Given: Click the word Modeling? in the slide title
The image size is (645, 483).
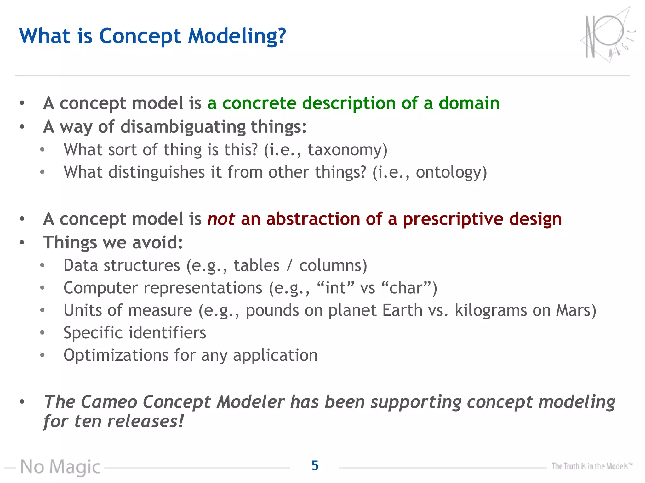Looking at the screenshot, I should pos(237,36).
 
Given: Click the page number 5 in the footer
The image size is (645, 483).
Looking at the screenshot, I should pos(315,466).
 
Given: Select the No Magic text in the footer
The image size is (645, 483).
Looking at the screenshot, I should pos(60,467).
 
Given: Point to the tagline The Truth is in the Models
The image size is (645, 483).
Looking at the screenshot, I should pos(591,466).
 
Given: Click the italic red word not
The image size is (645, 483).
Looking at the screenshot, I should pos(221,219).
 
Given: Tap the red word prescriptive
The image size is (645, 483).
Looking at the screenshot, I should pos(453,219).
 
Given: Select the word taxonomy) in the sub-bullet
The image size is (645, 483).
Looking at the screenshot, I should pos(347,150).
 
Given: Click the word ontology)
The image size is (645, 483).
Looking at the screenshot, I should pos(451,173).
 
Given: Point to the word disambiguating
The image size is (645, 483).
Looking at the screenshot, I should pos(183,127).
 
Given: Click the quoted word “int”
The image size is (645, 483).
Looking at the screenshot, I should pos(335,288).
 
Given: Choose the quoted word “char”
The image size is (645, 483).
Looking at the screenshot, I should pos(409,288).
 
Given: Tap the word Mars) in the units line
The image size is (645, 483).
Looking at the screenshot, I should pos(576,310).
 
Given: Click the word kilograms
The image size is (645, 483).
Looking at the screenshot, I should pos(490,311).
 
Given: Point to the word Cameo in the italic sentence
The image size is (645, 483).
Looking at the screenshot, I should pos(109,402).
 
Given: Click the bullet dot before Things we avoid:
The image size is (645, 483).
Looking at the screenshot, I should pos(22,242).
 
